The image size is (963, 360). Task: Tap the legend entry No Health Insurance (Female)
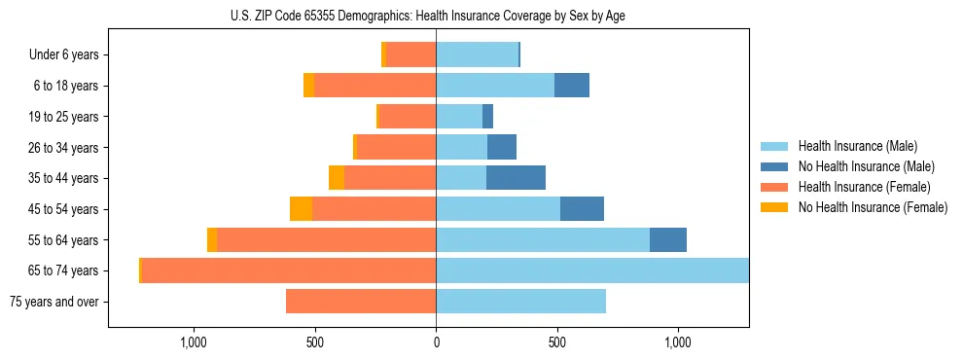pyautogui.click(x=873, y=207)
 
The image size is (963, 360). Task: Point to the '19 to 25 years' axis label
pyautogui.click(x=63, y=117)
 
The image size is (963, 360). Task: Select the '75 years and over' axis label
pyautogui.click(x=53, y=302)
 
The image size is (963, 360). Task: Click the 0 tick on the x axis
pyautogui.click(x=436, y=342)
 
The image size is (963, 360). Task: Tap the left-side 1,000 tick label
pyautogui.click(x=194, y=342)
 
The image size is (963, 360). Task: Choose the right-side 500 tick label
pyautogui.click(x=556, y=342)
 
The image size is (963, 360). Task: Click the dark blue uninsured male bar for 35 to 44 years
pyautogui.click(x=516, y=178)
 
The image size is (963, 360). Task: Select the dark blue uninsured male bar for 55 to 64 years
pyautogui.click(x=668, y=239)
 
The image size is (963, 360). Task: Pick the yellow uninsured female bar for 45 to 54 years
pyautogui.click(x=301, y=209)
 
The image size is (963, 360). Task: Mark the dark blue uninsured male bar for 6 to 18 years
pyautogui.click(x=572, y=86)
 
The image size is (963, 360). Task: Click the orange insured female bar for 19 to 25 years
pyautogui.click(x=407, y=117)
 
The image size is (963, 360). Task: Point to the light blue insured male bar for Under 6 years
pyautogui.click(x=477, y=55)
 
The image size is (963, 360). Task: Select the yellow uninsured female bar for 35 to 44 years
pyautogui.click(x=337, y=178)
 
